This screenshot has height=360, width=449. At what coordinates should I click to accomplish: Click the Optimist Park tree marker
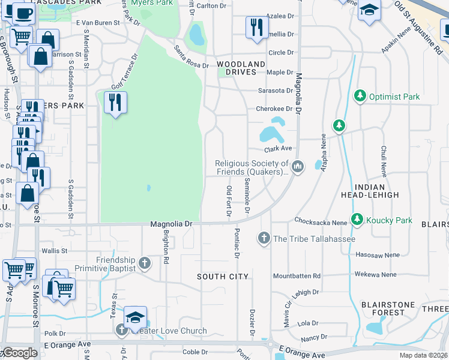click(x=360, y=96)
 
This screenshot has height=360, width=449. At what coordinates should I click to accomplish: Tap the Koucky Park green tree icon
click(x=358, y=220)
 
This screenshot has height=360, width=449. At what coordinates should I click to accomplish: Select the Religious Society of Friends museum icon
click(x=299, y=166)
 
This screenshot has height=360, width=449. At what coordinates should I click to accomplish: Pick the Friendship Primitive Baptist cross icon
click(x=144, y=263)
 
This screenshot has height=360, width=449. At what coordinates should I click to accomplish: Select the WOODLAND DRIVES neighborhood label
click(x=241, y=68)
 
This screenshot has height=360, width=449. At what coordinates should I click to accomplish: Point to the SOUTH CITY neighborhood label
click(x=223, y=277)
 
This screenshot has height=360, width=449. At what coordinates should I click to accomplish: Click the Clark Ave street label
click(x=278, y=149)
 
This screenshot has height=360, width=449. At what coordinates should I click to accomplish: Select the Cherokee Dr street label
click(x=274, y=109)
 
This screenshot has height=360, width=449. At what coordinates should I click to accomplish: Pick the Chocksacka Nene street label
click(x=321, y=222)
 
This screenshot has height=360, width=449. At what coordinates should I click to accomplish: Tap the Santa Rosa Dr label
click(x=191, y=56)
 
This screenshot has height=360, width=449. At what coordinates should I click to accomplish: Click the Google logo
click(x=20, y=353)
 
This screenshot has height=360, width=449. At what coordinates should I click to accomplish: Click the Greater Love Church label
click(x=174, y=331)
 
